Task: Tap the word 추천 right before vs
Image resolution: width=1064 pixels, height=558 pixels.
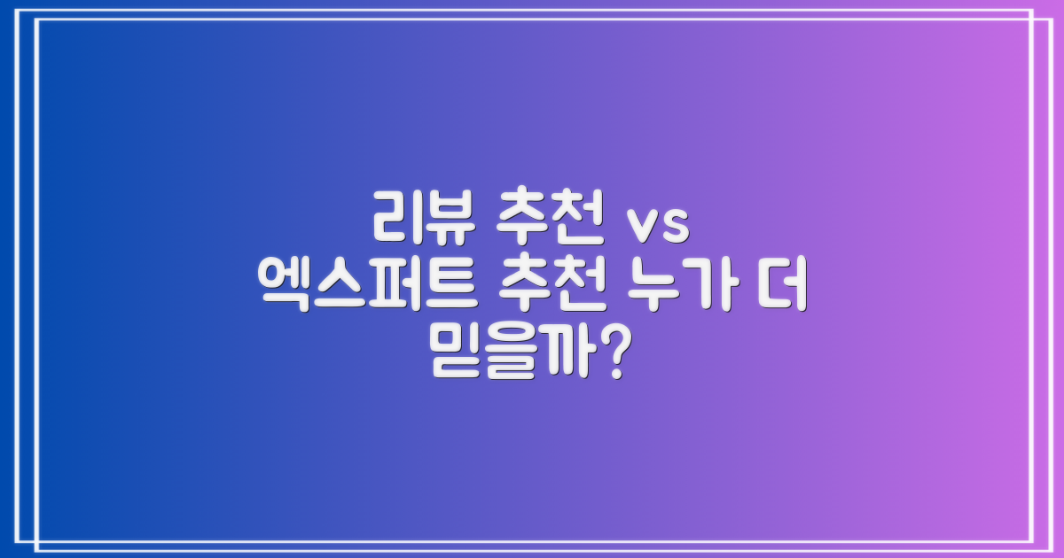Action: pos(551,221)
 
